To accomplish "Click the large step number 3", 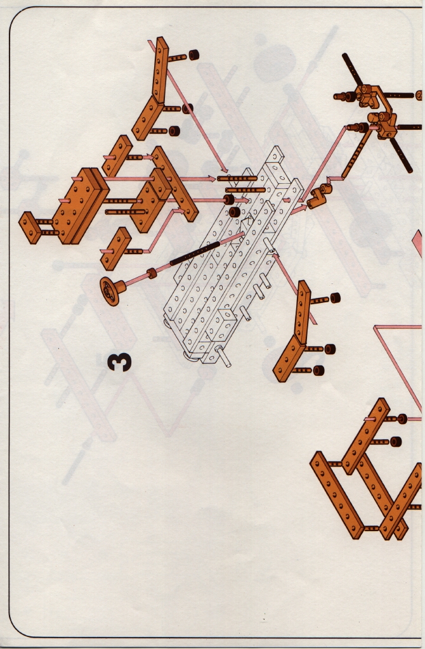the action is point(119,362).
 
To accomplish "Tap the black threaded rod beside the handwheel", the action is point(194,254).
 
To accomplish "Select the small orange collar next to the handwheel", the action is point(152,273).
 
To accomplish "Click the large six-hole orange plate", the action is point(81,205).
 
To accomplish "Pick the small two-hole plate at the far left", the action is point(31,228).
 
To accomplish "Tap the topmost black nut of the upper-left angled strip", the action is point(193,55).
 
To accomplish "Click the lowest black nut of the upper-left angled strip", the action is point(174,131).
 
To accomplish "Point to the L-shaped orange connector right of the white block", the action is point(318,196).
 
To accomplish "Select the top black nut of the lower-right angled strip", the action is point(335,298).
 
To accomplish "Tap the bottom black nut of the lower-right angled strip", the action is point(318,370).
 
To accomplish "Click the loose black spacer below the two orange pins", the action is point(235,212).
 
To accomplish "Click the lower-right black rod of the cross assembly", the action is point(401,155).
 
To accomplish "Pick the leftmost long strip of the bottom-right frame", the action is point(337,495).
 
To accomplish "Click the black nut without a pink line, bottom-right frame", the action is point(396,442).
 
